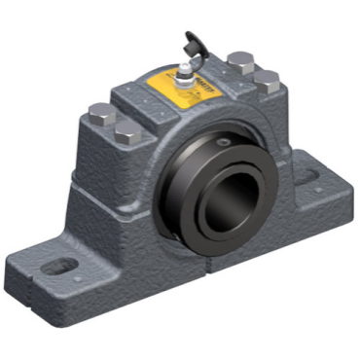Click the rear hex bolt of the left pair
click(x=98, y=113)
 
